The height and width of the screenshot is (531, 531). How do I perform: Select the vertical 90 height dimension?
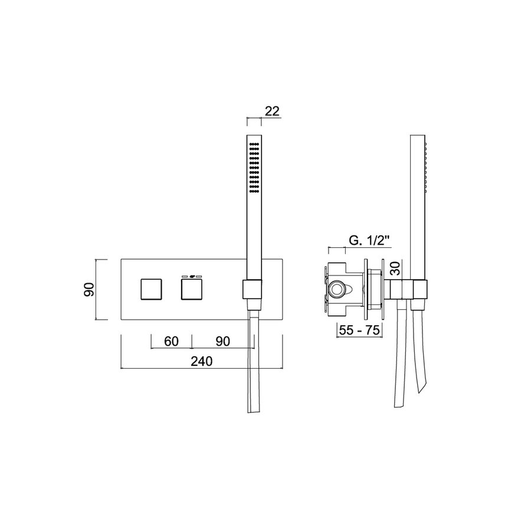[x=89, y=290]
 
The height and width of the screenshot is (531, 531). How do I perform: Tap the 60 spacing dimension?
[x=171, y=341]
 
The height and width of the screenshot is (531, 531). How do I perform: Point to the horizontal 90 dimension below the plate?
[x=222, y=341]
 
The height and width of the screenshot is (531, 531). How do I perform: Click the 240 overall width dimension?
[x=202, y=361]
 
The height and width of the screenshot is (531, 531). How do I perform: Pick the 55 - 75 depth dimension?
[x=359, y=330]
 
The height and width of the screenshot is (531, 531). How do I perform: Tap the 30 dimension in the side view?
[x=396, y=270]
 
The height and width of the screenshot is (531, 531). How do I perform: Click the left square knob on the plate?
[x=150, y=290]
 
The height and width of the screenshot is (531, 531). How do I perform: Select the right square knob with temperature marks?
[x=191, y=290]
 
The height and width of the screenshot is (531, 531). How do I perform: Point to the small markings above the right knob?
[x=191, y=276]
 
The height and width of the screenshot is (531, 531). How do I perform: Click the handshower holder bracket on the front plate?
[x=252, y=290]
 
